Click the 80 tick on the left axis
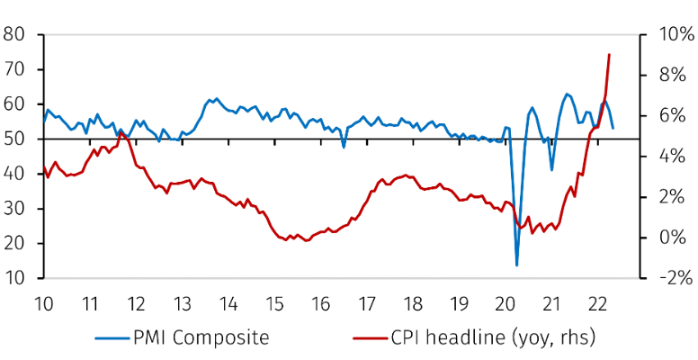pyautogui.click(x=15, y=35)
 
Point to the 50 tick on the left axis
pyautogui.click(x=15, y=139)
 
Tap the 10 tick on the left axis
pyautogui.click(x=15, y=279)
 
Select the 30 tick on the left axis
pyautogui.click(x=15, y=209)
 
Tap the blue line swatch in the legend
pyautogui.click(x=112, y=339)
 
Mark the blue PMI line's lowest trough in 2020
pyautogui.click(x=517, y=265)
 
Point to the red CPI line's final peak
pyautogui.click(x=609, y=54)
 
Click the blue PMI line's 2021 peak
pyautogui.click(x=568, y=94)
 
